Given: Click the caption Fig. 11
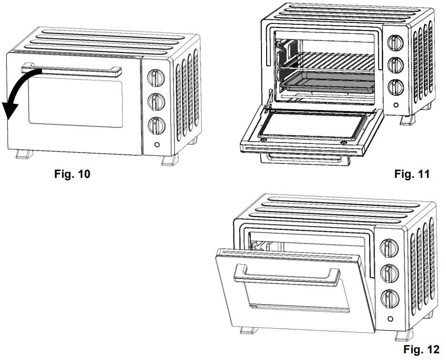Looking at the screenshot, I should tap(412, 175).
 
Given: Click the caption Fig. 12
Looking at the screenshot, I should tap(421, 350).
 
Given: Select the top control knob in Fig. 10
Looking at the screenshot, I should tap(156, 77).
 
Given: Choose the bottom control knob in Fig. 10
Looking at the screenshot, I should tap(156, 125).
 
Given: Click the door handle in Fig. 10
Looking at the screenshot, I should tap(72, 71).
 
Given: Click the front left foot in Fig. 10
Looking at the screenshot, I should tap(22, 155).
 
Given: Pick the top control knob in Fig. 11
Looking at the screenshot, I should tap(395, 42).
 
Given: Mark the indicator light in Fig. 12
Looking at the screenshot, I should tap(390, 319).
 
